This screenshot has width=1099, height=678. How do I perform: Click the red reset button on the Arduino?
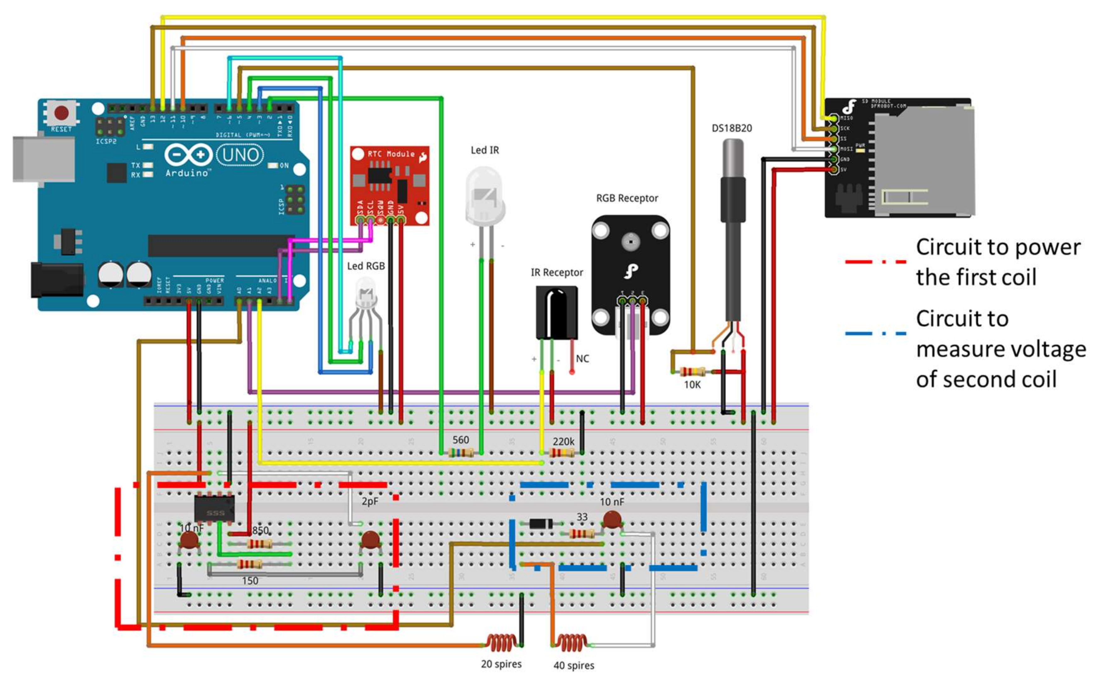[61, 113]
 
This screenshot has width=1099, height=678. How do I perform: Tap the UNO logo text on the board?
[240, 155]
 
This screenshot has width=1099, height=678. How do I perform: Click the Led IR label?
[484, 150]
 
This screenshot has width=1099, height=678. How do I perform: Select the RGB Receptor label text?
[627, 198]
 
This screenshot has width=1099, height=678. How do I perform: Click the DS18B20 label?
[731, 128]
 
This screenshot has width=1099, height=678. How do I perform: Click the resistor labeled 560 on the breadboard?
[461, 452]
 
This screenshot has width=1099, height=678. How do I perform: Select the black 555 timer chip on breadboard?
[214, 509]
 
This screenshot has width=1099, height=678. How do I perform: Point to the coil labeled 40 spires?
[571, 642]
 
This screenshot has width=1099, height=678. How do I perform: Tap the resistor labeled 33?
[581, 534]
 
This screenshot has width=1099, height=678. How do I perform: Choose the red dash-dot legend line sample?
[875, 262]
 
